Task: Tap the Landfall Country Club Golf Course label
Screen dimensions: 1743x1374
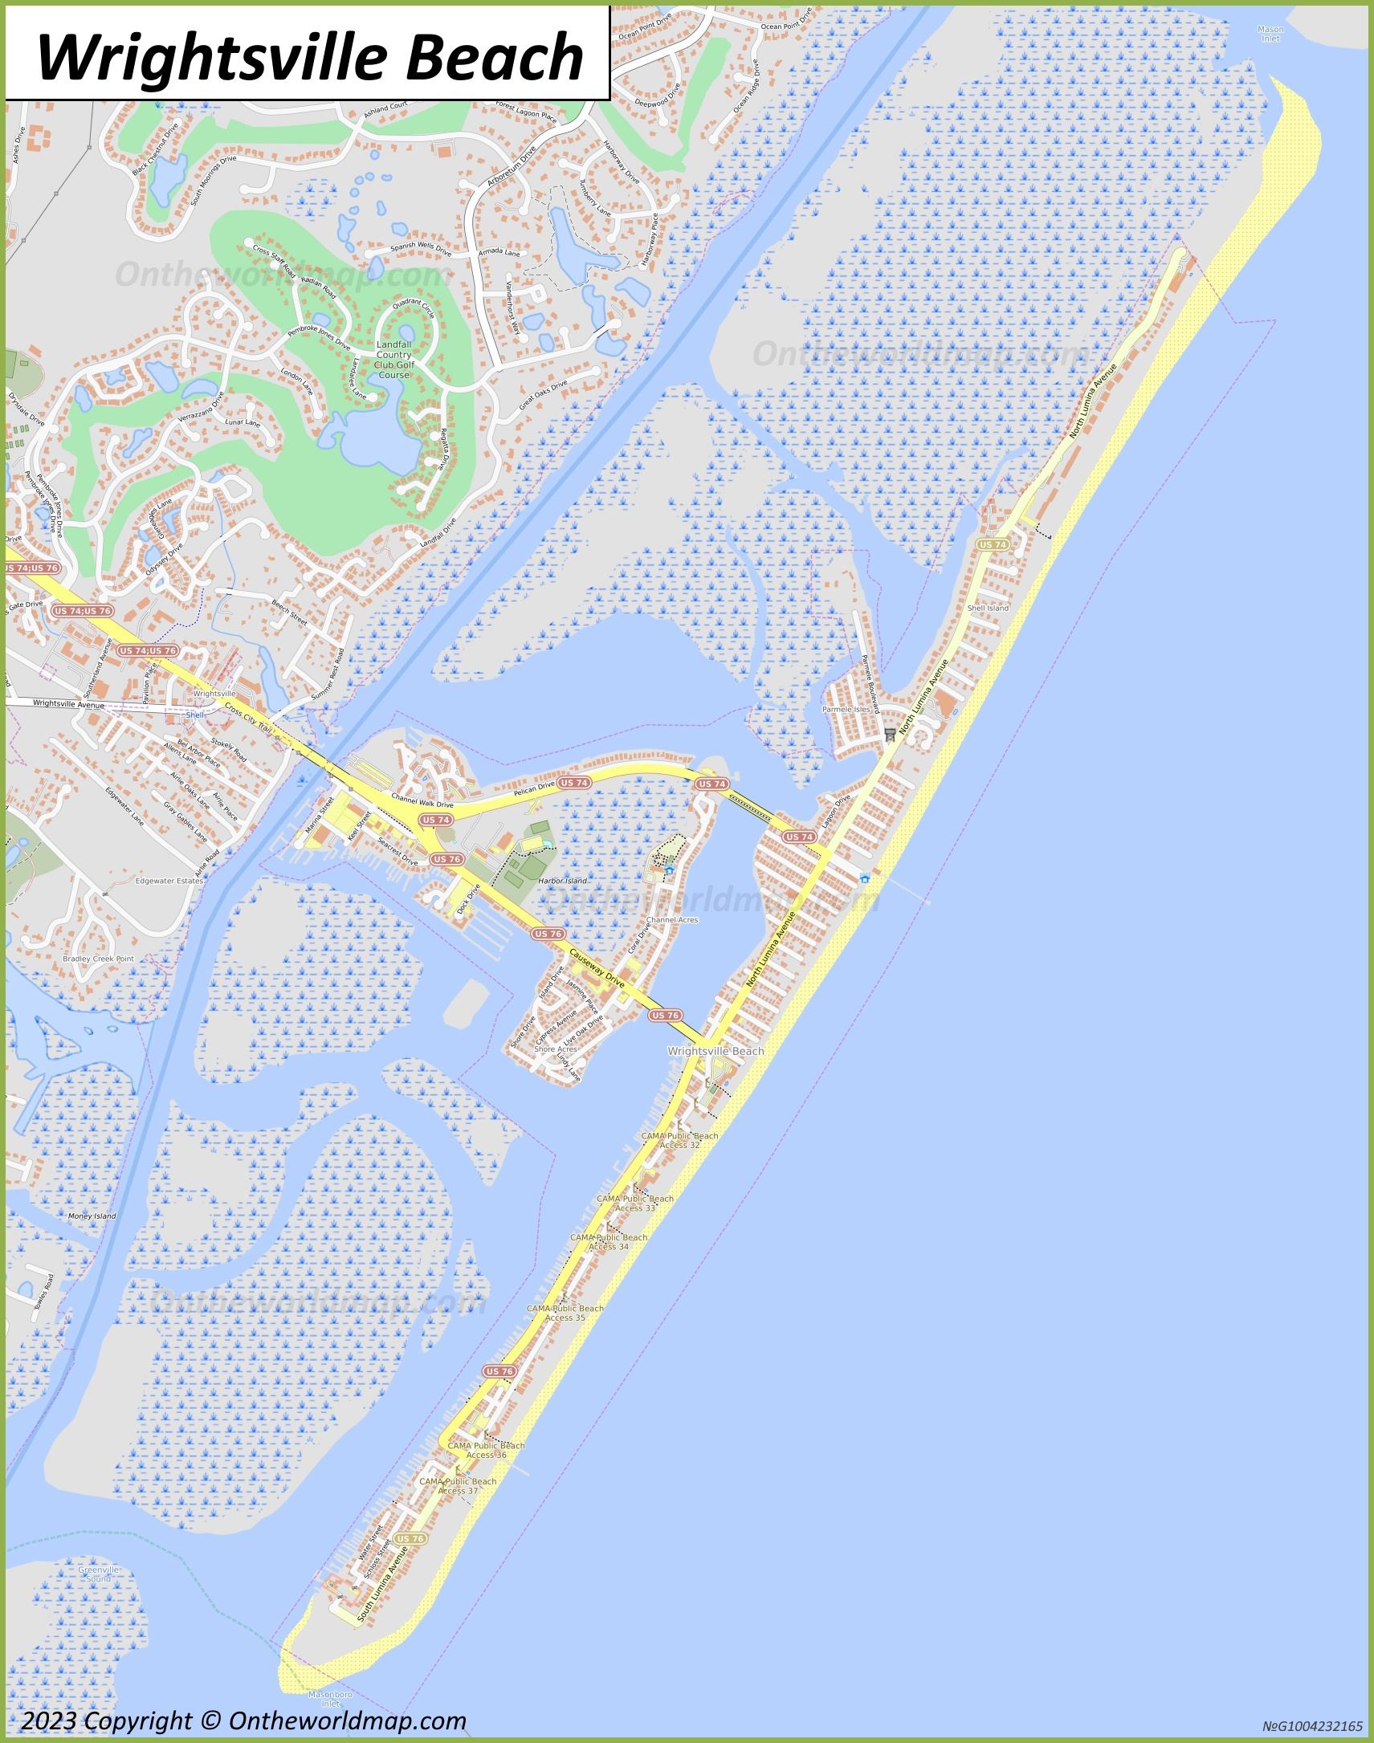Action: point(393,360)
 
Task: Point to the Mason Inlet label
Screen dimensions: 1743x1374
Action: point(1270,34)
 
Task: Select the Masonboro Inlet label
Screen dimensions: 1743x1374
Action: point(330,1699)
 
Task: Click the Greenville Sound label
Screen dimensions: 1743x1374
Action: point(99,1574)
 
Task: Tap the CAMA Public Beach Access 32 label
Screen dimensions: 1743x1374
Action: point(679,1141)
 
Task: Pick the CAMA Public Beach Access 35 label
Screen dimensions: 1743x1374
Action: point(565,1313)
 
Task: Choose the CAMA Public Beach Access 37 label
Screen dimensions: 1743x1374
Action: point(458,1485)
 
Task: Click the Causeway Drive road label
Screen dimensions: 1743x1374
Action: point(597,968)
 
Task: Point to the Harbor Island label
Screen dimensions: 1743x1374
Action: point(562,881)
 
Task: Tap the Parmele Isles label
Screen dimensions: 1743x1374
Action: point(846,710)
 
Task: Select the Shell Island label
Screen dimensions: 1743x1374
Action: point(988,608)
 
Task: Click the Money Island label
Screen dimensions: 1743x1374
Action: point(92,1216)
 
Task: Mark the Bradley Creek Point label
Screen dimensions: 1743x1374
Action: point(98,959)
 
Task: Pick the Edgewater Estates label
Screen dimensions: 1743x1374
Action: point(169,881)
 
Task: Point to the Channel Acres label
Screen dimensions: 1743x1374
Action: point(671,919)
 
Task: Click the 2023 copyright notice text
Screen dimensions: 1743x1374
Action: point(243,1721)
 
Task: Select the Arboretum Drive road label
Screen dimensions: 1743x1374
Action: point(511,166)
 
